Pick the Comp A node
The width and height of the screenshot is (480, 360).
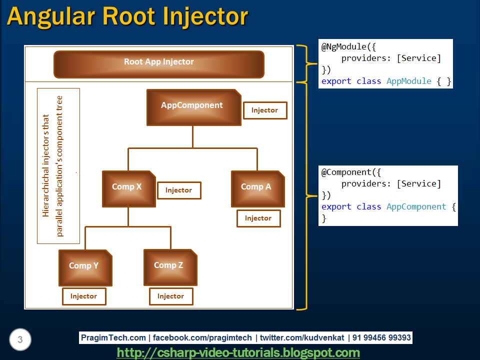click(257, 188)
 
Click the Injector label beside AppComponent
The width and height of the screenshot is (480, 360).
click(264, 110)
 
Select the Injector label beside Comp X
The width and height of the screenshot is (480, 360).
click(178, 190)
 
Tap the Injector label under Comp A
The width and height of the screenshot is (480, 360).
click(258, 218)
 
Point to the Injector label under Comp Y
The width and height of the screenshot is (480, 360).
click(83, 296)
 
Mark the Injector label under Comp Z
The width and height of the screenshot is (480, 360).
click(170, 296)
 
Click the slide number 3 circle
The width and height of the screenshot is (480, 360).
click(20, 340)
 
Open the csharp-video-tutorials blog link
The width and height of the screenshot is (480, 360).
click(238, 353)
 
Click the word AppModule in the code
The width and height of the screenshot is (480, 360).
click(408, 81)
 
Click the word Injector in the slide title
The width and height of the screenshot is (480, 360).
click(205, 16)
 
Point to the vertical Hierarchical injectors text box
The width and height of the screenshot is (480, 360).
click(58, 166)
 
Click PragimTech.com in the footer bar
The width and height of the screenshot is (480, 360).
click(113, 338)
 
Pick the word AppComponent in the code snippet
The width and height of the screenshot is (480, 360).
click(416, 206)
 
